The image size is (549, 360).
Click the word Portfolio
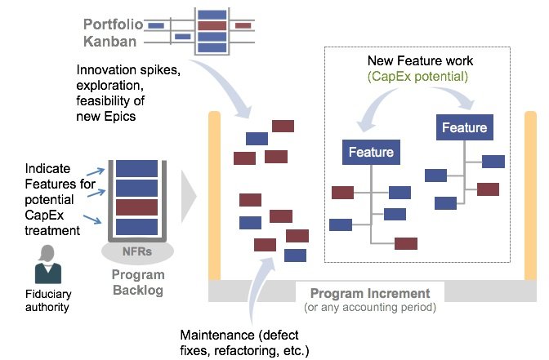113,24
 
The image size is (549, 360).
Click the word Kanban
110,42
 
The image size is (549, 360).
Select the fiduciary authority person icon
48,264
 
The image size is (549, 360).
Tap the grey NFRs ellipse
137,251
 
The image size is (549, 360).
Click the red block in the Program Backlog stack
137,207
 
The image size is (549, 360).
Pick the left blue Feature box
371,152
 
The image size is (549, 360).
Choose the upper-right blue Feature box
465,127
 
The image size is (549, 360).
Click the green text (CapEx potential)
417,77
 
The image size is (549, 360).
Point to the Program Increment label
370,293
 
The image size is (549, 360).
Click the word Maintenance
217,335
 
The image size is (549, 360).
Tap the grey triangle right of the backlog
189,197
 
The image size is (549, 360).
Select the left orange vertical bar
215,196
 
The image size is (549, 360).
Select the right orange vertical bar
530,196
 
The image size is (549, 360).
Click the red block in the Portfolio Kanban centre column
212,25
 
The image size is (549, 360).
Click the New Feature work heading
420,61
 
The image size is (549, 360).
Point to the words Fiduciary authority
48,300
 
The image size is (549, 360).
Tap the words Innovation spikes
128,70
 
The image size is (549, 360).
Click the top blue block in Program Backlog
137,169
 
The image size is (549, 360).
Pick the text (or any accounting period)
370,308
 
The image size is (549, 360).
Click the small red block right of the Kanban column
243,25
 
